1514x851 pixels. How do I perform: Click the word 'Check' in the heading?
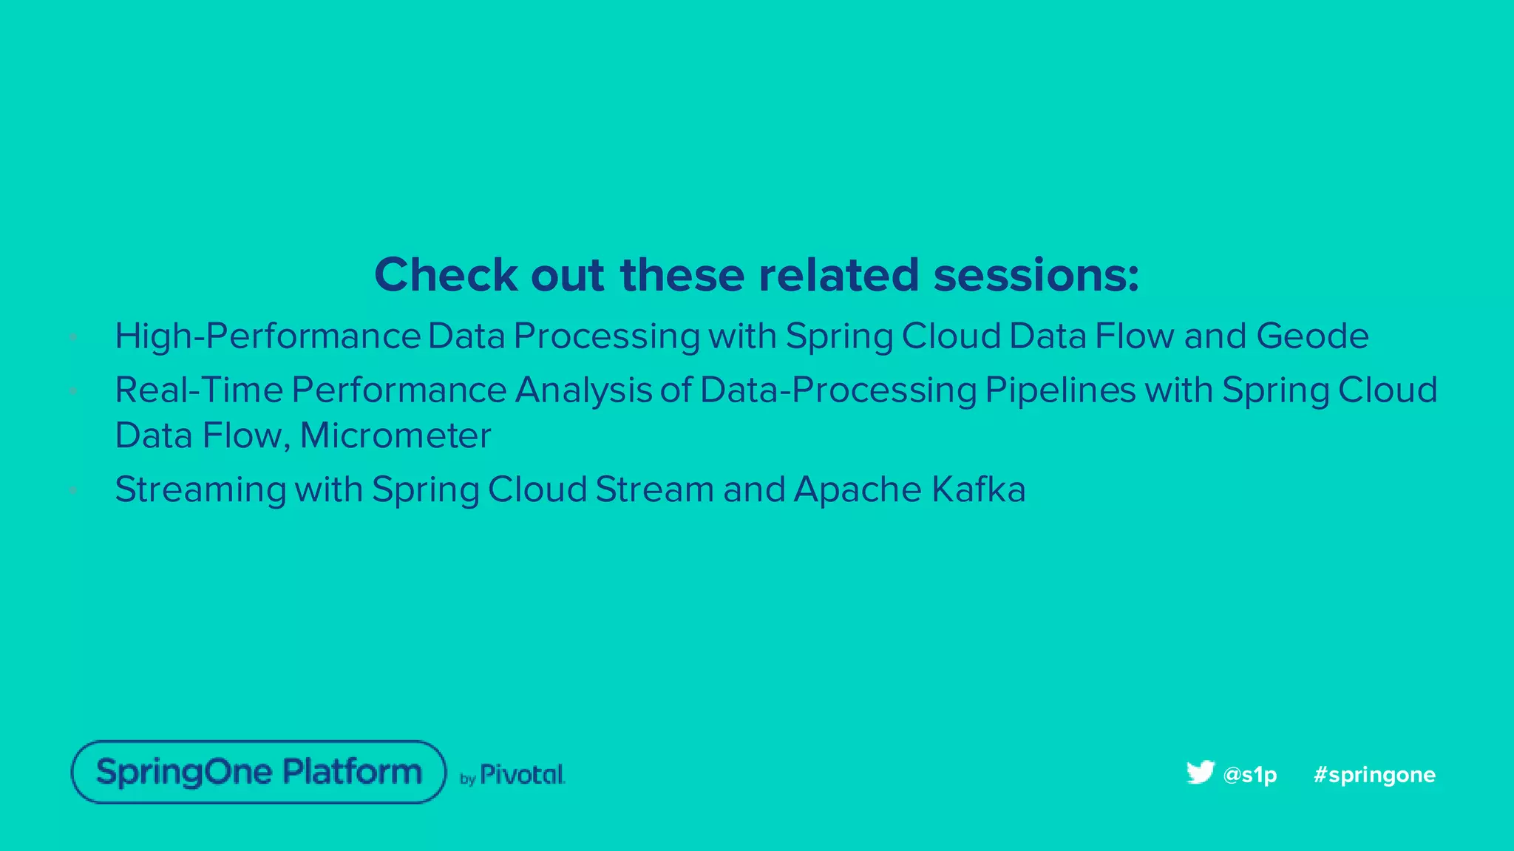(x=446, y=275)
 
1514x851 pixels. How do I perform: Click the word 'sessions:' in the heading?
(x=1036, y=275)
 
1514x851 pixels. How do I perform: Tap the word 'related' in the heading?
(x=838, y=275)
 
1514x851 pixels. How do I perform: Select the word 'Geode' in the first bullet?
(x=1312, y=336)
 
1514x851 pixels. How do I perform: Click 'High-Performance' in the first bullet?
(x=268, y=336)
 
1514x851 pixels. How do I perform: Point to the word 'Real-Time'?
(x=198, y=390)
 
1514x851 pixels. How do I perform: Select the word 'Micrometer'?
(x=396, y=435)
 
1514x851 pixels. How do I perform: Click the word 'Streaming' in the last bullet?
(x=200, y=489)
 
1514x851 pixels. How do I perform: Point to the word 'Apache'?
(x=858, y=489)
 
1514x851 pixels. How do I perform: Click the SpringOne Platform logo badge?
(x=259, y=772)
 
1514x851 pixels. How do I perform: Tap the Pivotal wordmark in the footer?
(x=522, y=775)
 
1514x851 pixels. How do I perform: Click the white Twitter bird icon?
(x=1200, y=772)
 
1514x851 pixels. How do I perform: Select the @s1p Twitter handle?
(x=1250, y=775)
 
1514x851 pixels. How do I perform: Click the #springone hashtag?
(x=1374, y=775)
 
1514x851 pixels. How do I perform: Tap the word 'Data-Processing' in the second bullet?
(x=838, y=390)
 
